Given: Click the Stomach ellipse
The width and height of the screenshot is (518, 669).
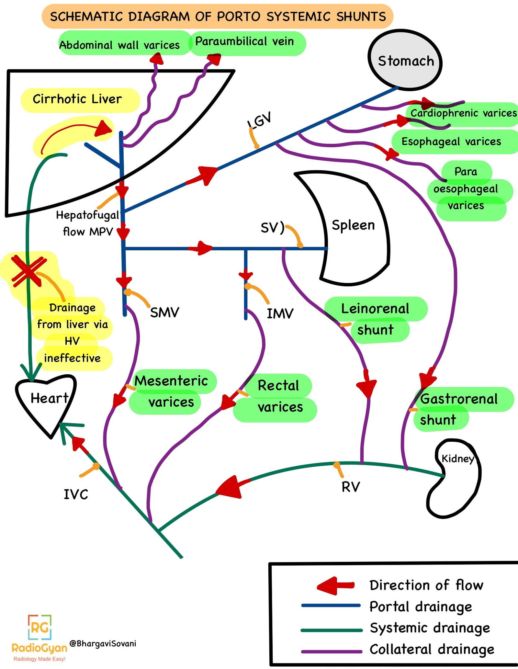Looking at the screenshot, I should pos(405,60).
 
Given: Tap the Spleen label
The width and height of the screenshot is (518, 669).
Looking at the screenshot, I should pos(353,225).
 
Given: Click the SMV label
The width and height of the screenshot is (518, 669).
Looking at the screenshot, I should pos(164,312).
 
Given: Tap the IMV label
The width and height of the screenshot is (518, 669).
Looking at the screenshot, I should pos(280,313).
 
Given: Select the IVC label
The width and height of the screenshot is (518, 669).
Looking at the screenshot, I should pos(76,494).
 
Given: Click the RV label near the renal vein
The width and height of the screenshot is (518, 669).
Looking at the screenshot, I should pos(351,487).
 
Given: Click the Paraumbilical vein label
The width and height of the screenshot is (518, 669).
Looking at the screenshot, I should pos(244,41).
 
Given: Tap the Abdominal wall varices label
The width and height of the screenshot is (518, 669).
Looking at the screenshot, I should pos(119,45).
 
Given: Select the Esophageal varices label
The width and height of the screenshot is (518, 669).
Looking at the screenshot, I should pos(451,142).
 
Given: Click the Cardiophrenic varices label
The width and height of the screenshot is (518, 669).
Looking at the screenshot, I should pos(463,113).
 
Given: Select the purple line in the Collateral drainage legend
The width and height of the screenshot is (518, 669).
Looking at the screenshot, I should pos(331,651).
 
